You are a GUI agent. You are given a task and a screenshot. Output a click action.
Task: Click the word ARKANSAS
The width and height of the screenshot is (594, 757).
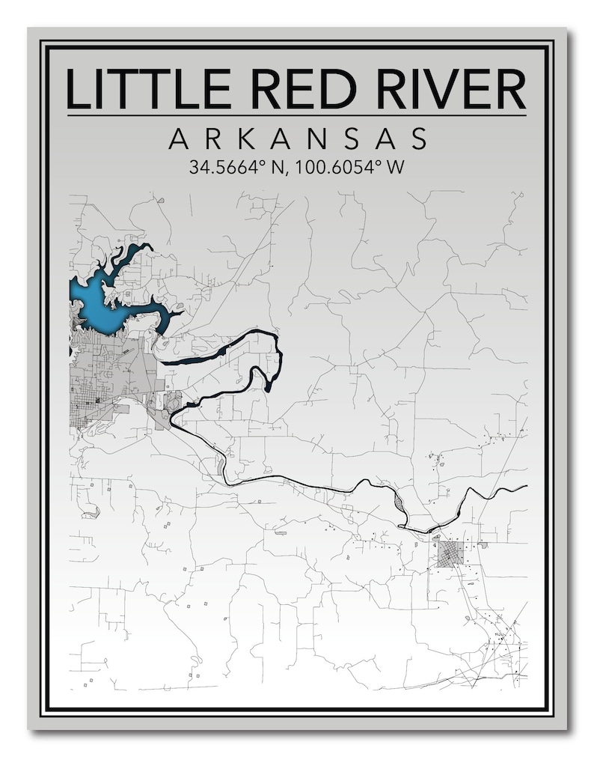pos(297,139)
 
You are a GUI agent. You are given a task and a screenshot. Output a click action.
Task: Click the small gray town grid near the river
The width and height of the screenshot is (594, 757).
pos(450,555)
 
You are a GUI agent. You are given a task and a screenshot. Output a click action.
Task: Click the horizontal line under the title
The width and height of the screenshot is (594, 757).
pos(297,115)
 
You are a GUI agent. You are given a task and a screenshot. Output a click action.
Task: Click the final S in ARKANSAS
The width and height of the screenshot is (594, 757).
pos(418,139)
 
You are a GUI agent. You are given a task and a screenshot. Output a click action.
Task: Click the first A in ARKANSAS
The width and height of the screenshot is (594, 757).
pos(179,139)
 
